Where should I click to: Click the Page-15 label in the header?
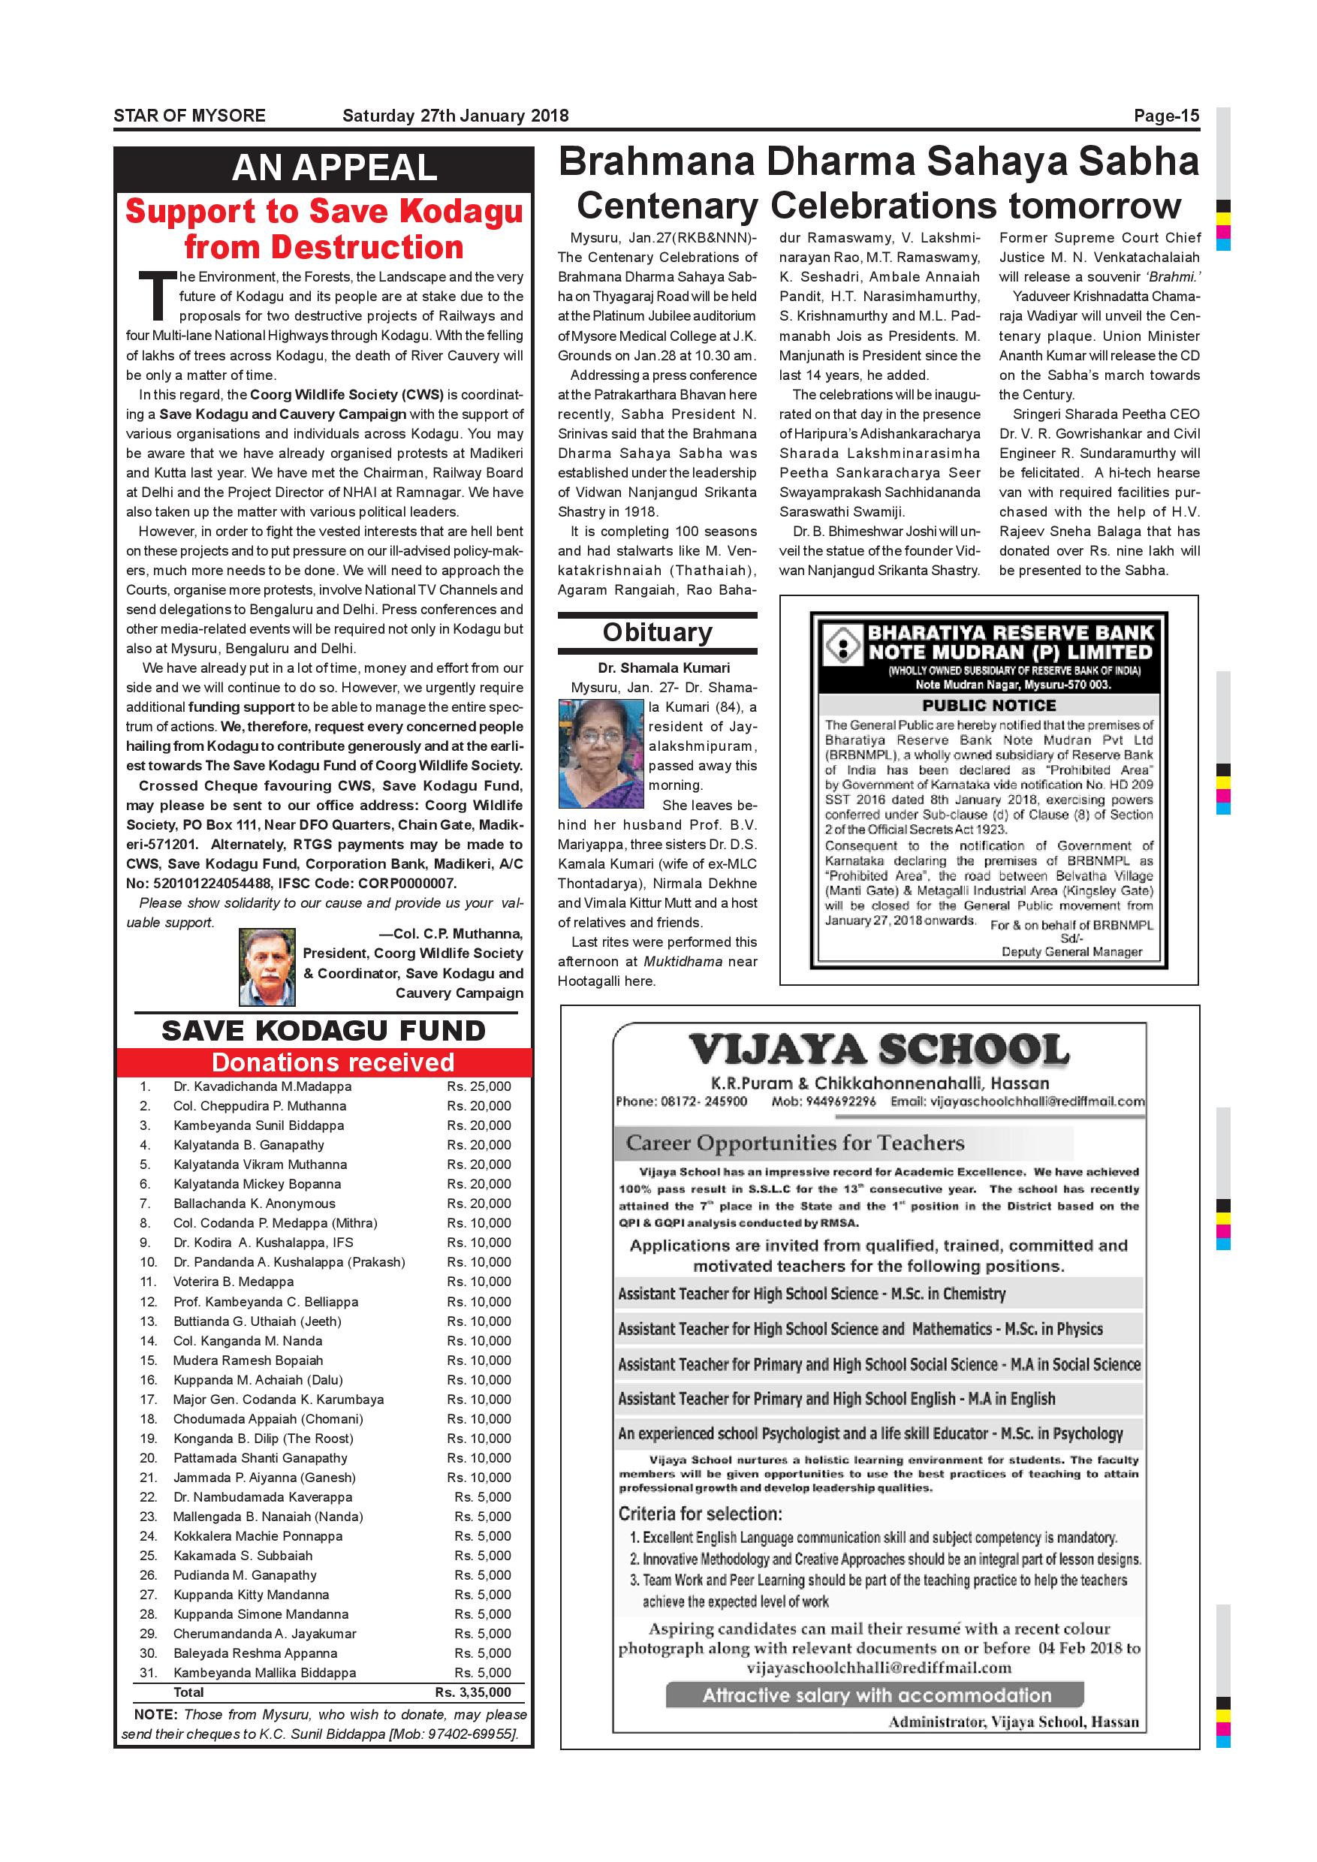(x=1165, y=116)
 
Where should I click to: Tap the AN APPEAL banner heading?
(x=334, y=168)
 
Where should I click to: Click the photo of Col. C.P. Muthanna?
(x=267, y=967)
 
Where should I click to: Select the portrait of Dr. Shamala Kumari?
(x=601, y=755)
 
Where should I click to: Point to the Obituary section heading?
(x=657, y=633)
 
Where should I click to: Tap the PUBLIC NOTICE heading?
(x=989, y=706)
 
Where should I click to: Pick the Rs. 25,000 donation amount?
(x=478, y=1086)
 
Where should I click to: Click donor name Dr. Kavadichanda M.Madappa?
(x=262, y=1086)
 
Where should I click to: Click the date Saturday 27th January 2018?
(x=455, y=116)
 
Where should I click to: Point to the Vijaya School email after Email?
(x=1037, y=1101)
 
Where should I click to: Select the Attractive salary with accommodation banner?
(x=875, y=1696)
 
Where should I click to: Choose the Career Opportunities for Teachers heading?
(x=794, y=1143)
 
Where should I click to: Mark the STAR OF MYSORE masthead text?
(x=189, y=116)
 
